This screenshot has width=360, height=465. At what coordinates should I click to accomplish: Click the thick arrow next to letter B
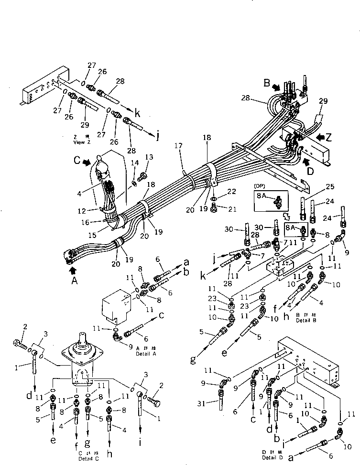[x=277, y=88]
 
